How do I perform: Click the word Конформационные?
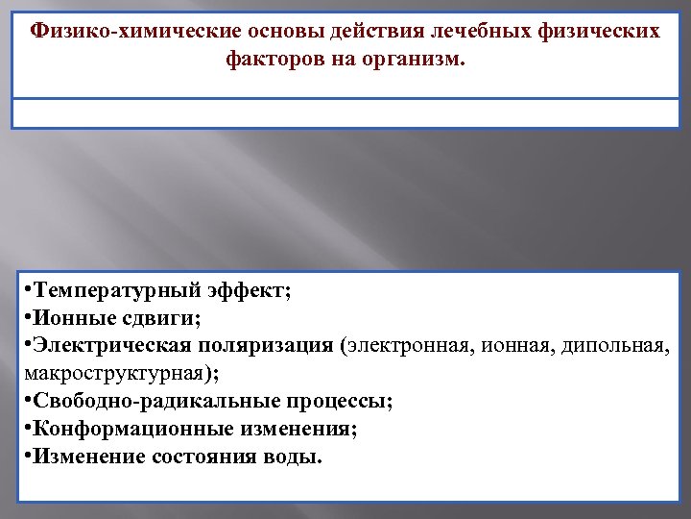tap(117, 429)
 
